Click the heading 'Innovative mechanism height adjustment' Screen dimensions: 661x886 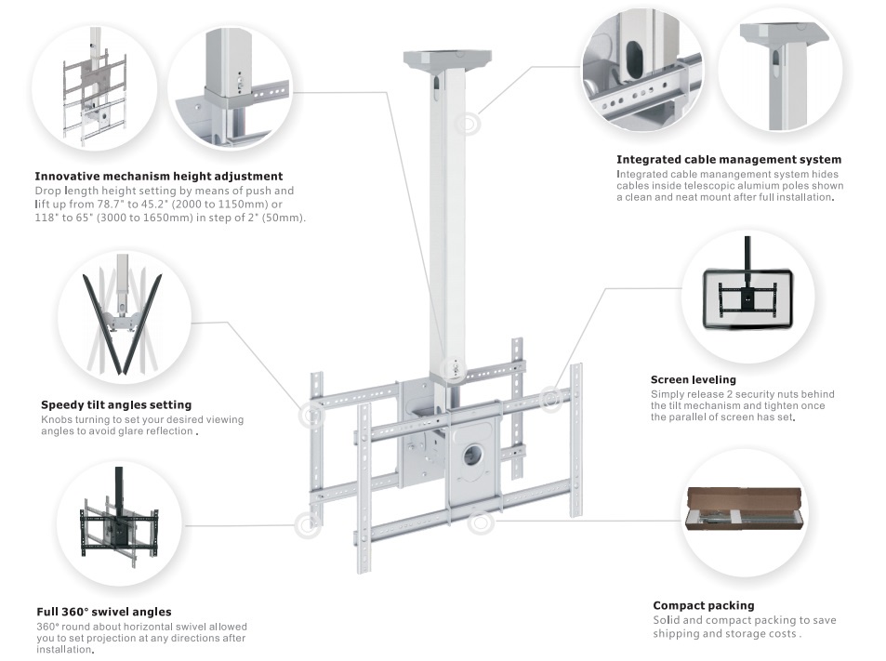point(158,176)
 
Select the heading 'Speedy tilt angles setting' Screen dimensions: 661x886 point(116,404)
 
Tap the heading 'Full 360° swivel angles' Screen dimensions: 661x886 point(104,612)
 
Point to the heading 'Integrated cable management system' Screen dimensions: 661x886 point(729,160)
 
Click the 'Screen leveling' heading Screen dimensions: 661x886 point(693,379)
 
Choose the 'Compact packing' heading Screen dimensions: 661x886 point(703,605)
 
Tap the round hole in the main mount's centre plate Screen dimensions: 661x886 point(473,455)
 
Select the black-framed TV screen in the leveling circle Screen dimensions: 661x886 point(747,298)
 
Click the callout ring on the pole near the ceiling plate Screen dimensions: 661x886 point(469,123)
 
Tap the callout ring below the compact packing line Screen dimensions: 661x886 point(480,522)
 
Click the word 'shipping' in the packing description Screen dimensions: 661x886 point(677,634)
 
